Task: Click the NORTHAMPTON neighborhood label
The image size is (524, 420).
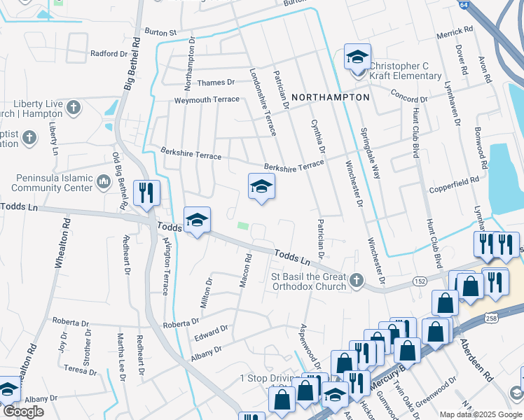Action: coord(330,97)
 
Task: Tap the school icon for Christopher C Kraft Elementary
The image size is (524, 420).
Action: coord(357,57)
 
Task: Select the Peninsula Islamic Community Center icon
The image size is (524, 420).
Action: coord(104,183)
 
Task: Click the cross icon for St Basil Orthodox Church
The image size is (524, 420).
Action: coord(357,281)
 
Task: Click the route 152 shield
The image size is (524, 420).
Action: coord(419,281)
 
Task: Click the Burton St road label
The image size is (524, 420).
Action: coord(160,32)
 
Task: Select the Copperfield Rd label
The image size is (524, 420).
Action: coord(455,180)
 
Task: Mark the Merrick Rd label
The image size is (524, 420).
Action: coord(455,32)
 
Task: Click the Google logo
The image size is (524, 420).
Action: coord(23,412)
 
